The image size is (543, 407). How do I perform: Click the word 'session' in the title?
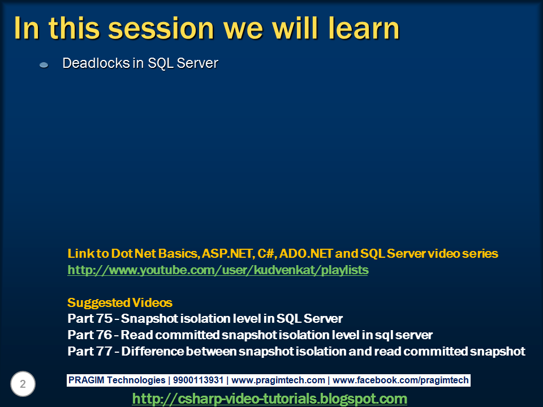tap(161, 28)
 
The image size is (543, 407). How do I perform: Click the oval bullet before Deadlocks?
tap(44, 64)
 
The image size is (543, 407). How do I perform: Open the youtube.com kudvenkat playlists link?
tap(218, 270)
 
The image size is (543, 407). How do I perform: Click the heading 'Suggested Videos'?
tap(120, 302)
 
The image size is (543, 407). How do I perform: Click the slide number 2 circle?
tap(23, 384)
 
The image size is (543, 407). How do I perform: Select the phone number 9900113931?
tap(198, 380)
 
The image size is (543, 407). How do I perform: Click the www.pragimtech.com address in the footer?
tap(278, 380)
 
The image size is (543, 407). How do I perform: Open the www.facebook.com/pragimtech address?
tap(400, 380)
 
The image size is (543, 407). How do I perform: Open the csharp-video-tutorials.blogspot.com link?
tap(269, 399)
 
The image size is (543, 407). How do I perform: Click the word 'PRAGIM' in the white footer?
tap(86, 380)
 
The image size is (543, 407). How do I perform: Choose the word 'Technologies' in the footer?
tap(136, 380)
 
